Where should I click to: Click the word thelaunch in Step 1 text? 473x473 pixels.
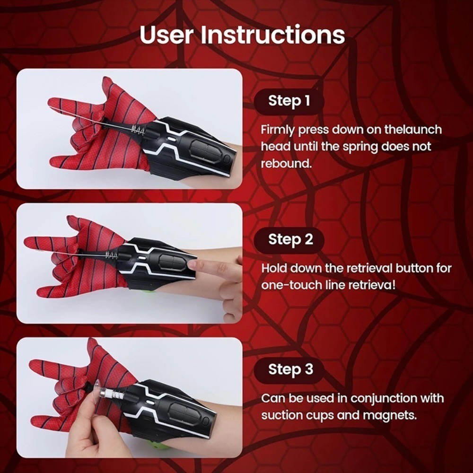click(x=412, y=130)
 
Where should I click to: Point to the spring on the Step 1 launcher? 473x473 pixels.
click(x=139, y=128)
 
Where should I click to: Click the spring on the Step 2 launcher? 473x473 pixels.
click(x=112, y=256)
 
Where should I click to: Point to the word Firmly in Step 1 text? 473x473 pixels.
click(x=278, y=130)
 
